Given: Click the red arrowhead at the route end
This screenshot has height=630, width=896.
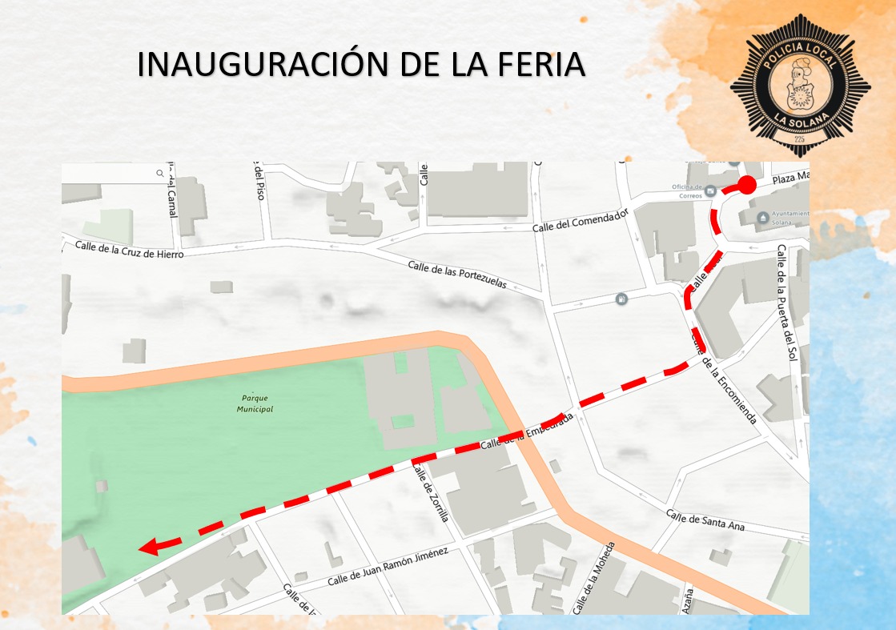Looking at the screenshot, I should coord(148,548).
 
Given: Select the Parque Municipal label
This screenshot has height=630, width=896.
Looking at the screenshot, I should coord(255,403).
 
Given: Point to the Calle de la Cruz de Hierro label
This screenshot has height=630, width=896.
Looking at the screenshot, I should coord(129,248).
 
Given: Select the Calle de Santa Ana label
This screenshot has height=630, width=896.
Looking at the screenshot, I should coord(705,521).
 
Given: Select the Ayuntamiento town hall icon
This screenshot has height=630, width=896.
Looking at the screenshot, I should coord(763,216).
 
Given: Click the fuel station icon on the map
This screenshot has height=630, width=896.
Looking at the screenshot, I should coord(621,299).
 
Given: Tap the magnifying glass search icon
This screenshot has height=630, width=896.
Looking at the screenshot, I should coord(160,173).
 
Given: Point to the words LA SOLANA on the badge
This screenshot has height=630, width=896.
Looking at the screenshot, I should coord(799,121).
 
